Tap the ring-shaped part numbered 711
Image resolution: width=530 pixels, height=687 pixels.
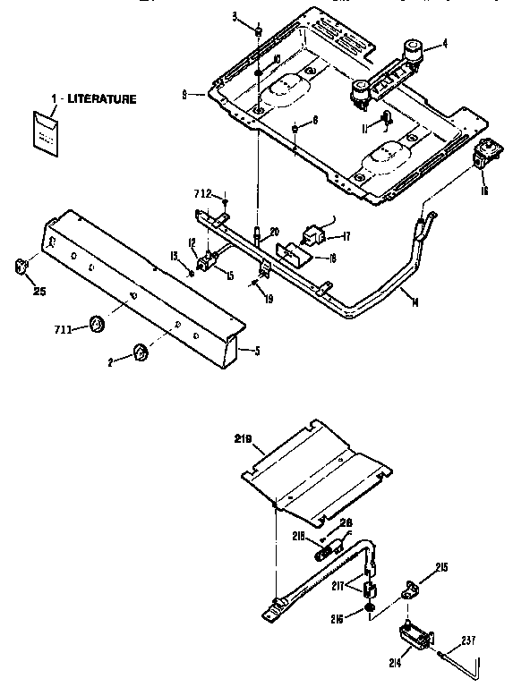pos(95,324)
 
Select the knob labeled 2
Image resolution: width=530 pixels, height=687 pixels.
pos(141,353)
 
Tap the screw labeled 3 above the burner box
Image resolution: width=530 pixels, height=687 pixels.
pos(259,31)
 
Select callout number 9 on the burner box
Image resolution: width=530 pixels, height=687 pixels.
pos(183,92)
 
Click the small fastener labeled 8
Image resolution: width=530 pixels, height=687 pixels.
pos(295,131)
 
